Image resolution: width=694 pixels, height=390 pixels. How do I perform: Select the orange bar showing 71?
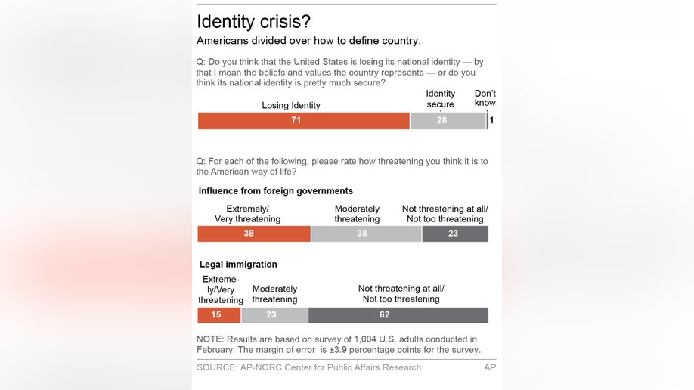[303, 121]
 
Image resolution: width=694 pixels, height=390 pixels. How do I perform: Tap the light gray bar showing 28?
[448, 121]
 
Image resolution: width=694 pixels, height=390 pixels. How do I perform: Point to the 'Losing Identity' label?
[291, 105]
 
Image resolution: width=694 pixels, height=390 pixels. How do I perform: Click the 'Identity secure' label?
[441, 99]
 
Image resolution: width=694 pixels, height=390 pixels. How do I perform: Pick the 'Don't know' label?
[485, 99]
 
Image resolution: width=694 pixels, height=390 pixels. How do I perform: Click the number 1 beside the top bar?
[492, 120]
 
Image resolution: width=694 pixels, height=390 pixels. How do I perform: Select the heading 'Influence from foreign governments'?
[276, 191]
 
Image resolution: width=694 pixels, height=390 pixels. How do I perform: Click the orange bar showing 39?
[254, 234]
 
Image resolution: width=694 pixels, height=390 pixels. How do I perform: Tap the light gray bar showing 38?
[366, 234]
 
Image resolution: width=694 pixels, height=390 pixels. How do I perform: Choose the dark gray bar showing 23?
[455, 234]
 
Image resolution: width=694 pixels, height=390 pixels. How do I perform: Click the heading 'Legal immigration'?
[238, 265]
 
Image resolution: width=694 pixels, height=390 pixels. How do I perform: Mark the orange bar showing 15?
[218, 315]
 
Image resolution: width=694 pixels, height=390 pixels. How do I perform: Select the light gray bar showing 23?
[274, 315]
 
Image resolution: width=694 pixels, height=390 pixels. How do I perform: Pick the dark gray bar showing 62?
[398, 315]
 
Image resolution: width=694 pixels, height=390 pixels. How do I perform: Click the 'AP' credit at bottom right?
[490, 367]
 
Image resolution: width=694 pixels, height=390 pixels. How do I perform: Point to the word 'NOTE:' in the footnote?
[211, 339]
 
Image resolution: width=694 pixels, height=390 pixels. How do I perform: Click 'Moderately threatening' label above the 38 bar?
[357, 214]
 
